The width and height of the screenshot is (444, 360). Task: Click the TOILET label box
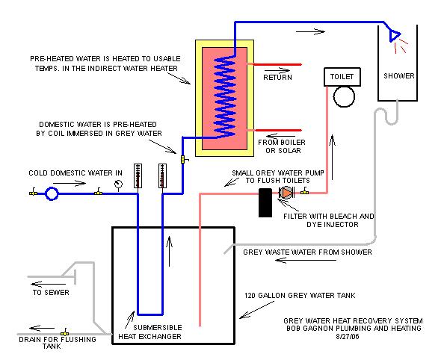click(342, 77)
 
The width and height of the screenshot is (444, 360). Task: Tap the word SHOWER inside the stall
click(399, 76)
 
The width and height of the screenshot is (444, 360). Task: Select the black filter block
click(265, 203)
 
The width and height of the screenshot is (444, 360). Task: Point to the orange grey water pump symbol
click(286, 193)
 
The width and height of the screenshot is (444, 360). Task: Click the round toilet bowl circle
click(344, 96)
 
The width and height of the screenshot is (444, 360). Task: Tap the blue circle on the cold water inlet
click(52, 194)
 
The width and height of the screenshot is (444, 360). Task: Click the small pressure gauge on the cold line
click(118, 184)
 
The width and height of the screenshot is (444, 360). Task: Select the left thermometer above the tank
click(138, 176)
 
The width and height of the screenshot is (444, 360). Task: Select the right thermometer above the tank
click(162, 176)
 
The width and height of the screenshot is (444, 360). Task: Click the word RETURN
click(277, 77)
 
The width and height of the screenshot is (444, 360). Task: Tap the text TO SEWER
click(51, 292)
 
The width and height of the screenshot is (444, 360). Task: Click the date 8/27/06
click(348, 337)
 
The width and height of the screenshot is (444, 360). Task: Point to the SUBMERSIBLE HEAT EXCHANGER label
click(150, 332)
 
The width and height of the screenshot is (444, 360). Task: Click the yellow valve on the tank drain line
click(65, 333)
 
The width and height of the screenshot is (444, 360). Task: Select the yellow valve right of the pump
click(305, 191)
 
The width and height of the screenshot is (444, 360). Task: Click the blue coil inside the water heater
click(225, 96)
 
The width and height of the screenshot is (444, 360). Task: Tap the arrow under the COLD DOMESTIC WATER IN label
click(70, 184)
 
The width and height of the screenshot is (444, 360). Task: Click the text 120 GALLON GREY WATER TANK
click(300, 296)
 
